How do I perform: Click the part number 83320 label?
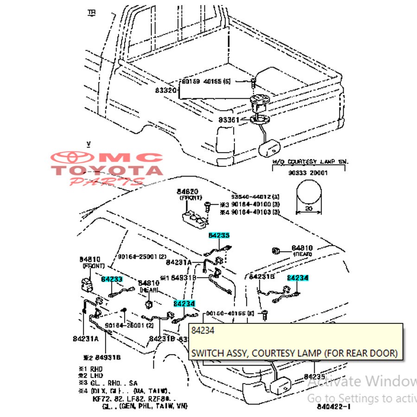coord(165,91)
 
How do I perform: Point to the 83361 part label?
coord(229,120)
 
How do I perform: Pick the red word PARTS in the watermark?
coord(106,181)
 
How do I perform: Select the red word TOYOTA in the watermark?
coord(107,171)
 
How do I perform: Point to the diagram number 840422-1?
coord(334,406)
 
